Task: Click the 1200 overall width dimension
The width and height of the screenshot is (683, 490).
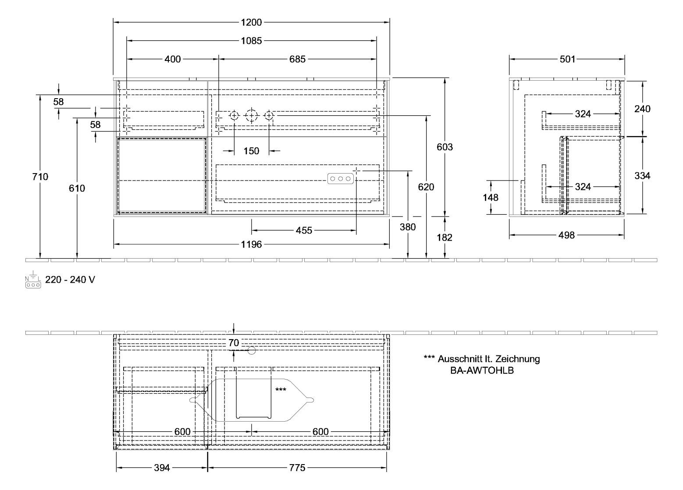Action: coord(251,22)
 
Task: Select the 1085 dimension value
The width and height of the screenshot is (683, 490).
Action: coord(251,41)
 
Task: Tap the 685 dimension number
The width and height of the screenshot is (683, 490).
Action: coord(297,59)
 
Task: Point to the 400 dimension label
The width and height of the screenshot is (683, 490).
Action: coord(172,59)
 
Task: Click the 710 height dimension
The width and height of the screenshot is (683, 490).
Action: coord(40,177)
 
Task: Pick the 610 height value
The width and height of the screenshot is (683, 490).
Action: coord(77,188)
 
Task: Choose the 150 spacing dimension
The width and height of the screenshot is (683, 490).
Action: coord(251,151)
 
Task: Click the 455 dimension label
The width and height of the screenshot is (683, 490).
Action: coord(304,230)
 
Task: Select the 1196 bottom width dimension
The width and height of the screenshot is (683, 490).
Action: coord(251,245)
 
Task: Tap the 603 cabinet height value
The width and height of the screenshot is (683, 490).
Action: coord(445,147)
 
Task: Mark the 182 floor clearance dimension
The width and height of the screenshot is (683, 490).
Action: coord(445,238)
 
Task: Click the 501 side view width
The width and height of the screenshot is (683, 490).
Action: coord(567,59)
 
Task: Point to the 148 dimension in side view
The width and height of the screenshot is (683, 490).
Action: coord(491,198)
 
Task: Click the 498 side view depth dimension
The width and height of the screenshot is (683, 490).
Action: coord(566,236)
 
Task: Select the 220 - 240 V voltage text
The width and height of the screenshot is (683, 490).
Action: coord(70,280)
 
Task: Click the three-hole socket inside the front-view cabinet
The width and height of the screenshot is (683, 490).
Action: coord(340,179)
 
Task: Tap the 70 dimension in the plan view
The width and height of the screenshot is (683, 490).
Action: coord(234,343)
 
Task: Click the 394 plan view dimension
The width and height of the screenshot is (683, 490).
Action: coord(162,468)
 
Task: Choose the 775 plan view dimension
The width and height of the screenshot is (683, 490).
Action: coord(297,468)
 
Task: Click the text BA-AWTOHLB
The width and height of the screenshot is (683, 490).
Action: coord(482,370)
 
